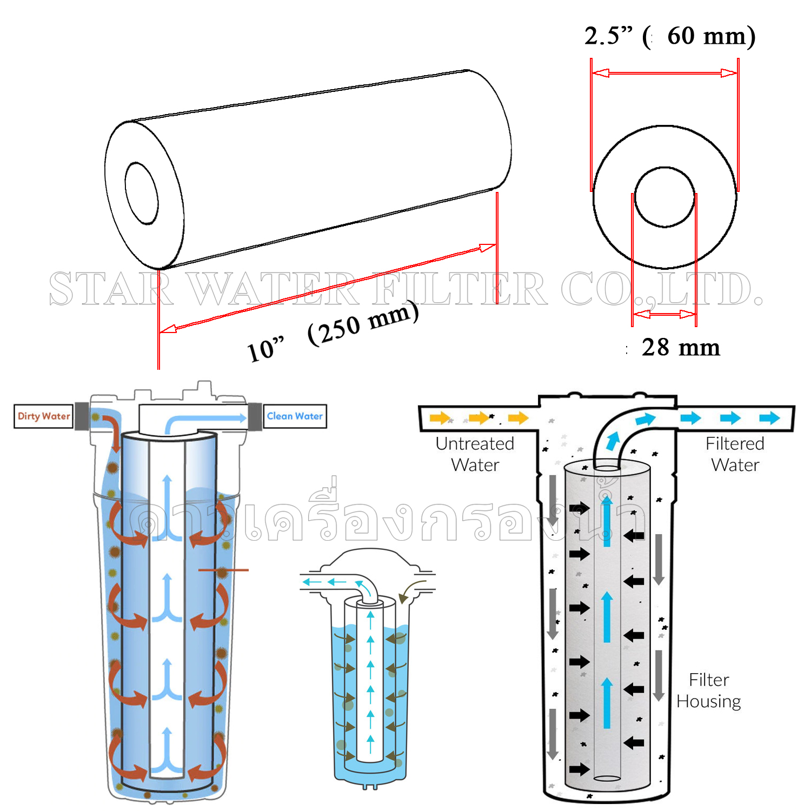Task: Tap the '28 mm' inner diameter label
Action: click(x=681, y=348)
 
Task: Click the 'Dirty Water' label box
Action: click(x=43, y=416)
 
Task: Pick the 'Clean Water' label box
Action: click(x=295, y=416)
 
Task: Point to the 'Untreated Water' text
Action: click(x=475, y=454)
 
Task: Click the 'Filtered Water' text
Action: click(x=735, y=454)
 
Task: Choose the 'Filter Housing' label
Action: click(x=708, y=690)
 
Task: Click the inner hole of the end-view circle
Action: click(x=664, y=197)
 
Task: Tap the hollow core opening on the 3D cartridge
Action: click(x=142, y=193)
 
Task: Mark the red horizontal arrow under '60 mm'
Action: click(x=664, y=73)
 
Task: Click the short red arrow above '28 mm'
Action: click(x=664, y=314)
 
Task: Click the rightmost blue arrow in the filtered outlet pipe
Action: click(x=769, y=418)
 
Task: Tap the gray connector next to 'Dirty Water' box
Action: click(x=82, y=415)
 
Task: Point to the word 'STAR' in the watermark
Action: click(x=111, y=289)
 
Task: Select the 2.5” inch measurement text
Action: click(x=608, y=36)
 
